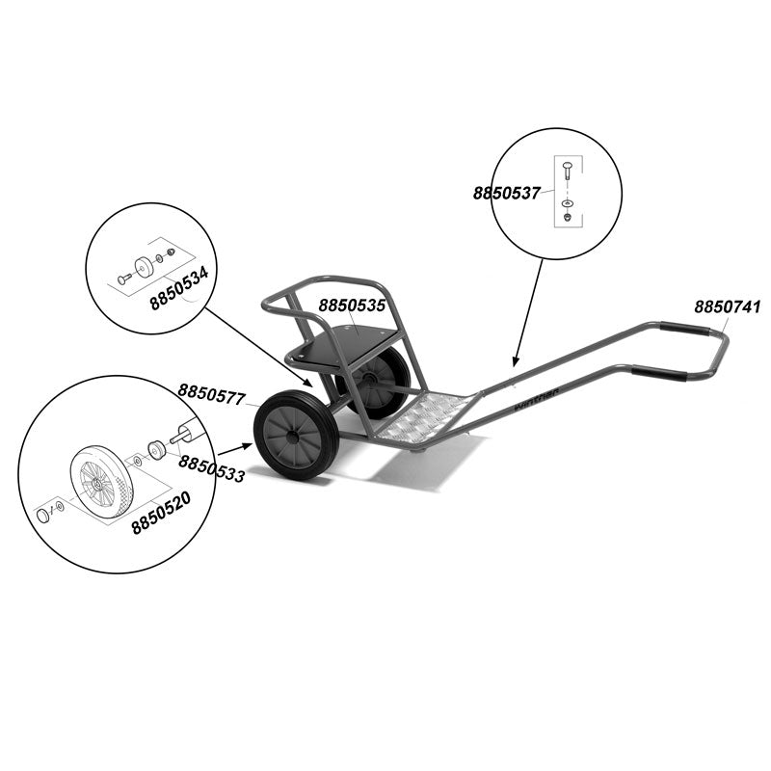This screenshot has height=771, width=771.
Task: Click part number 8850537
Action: click(506, 193)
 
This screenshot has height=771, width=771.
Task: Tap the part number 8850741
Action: click(728, 307)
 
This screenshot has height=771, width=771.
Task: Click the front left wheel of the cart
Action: click(296, 435)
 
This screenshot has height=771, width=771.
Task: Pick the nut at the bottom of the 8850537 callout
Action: click(567, 216)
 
